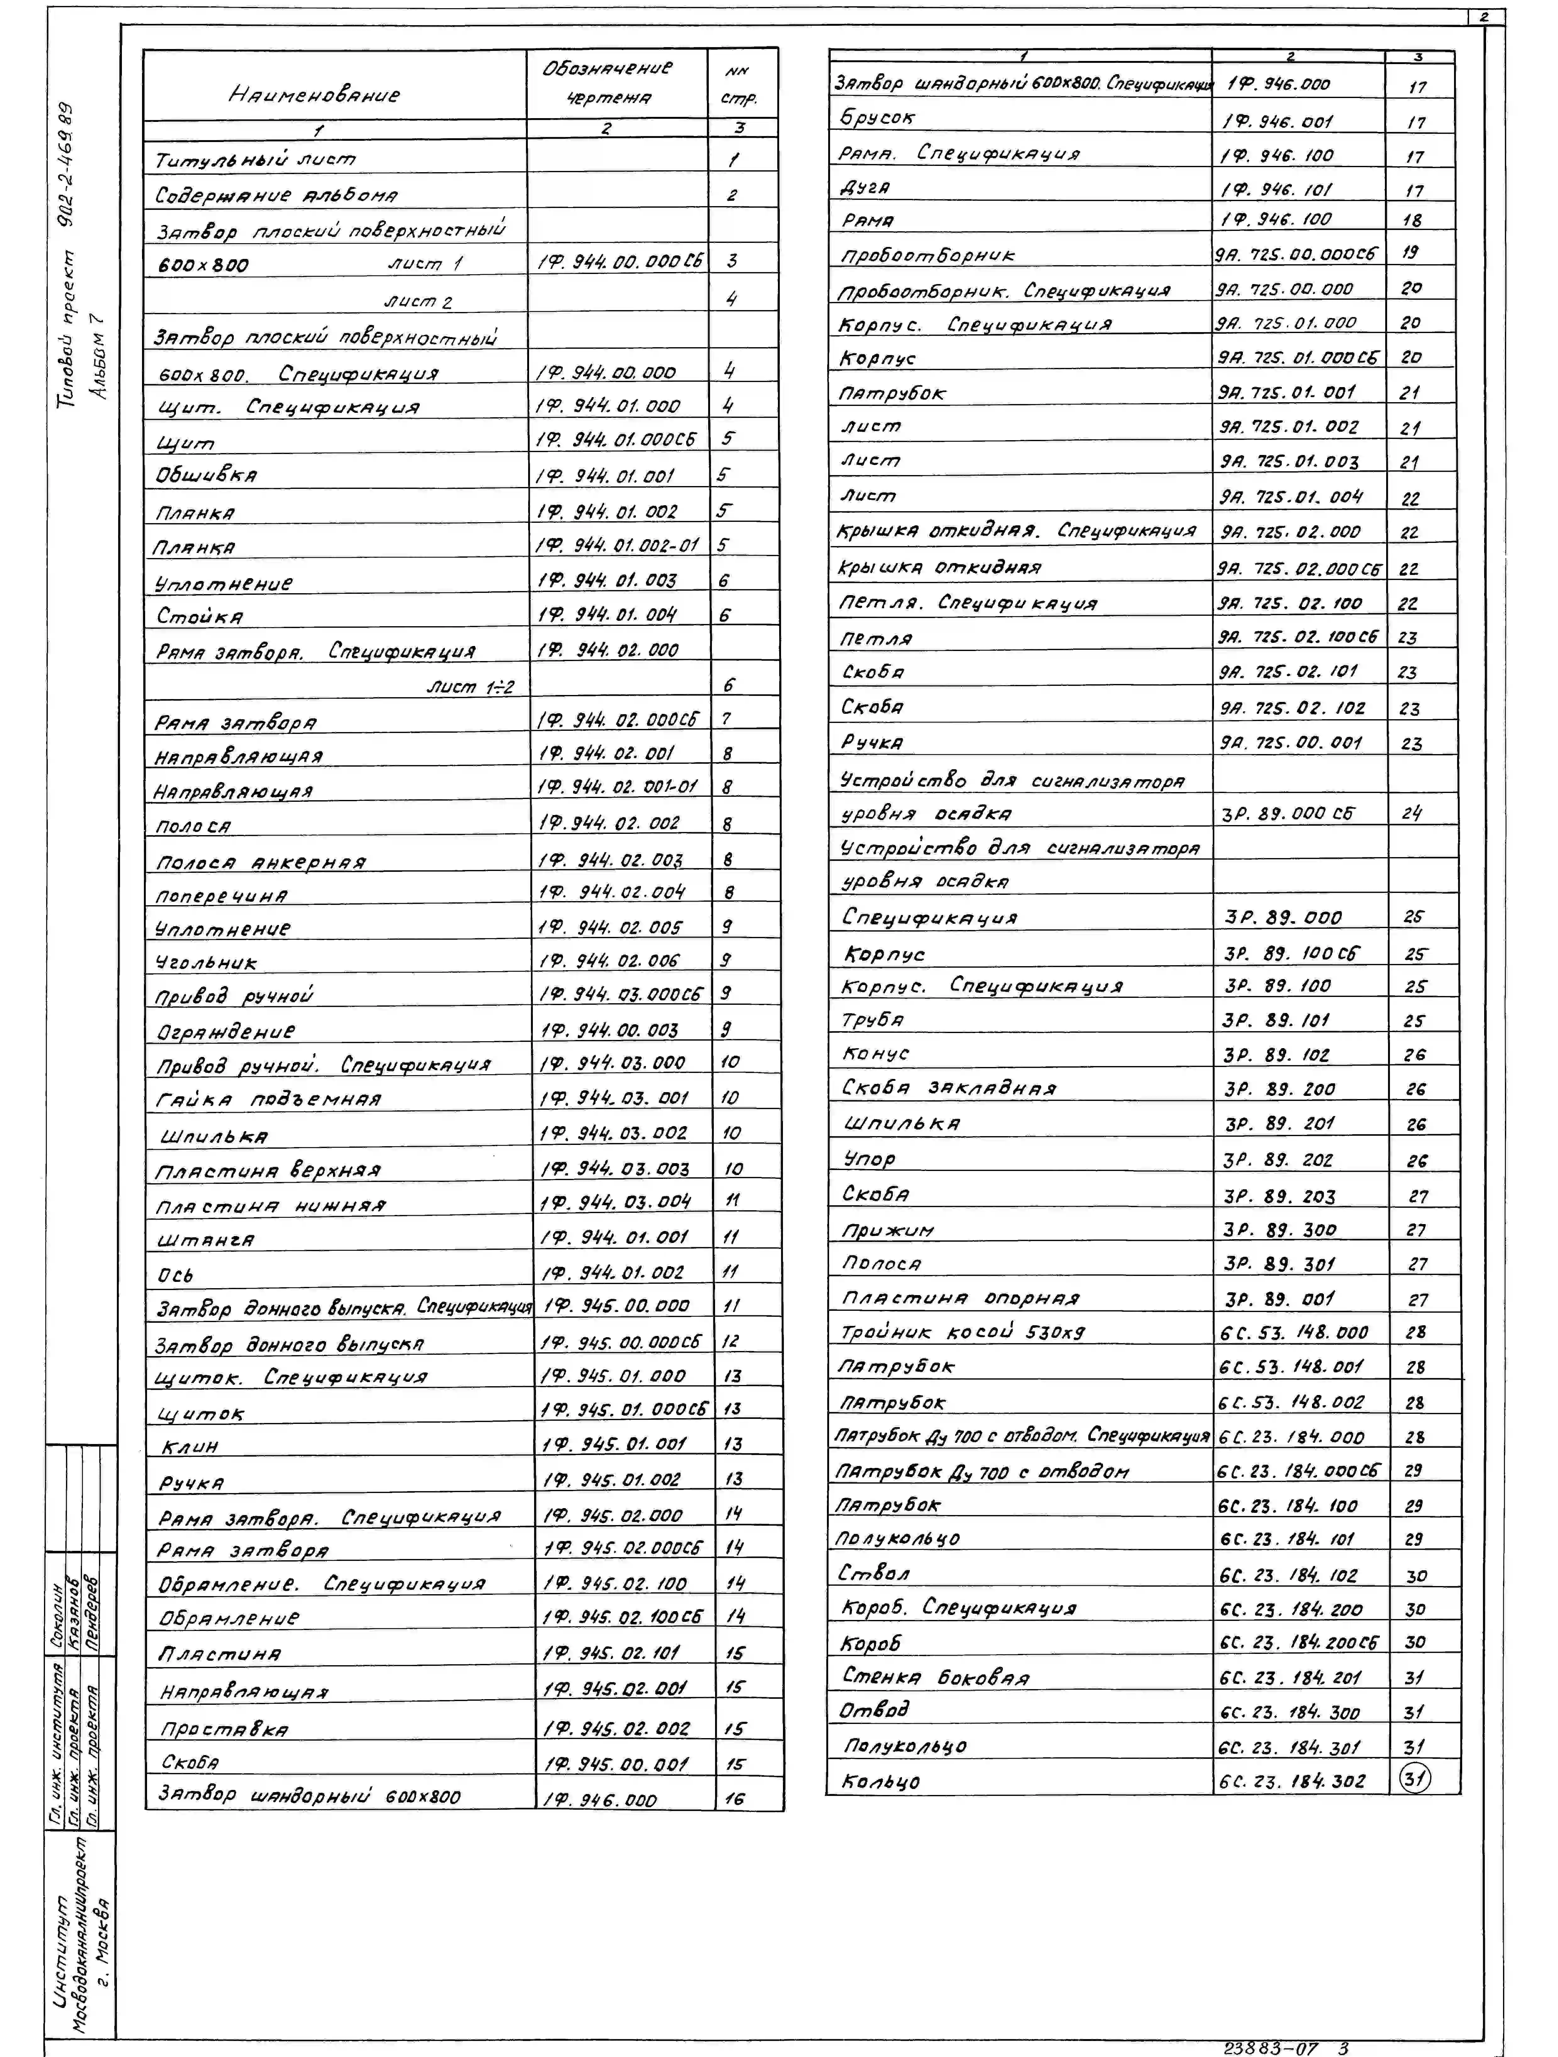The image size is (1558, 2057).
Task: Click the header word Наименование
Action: pyautogui.click(x=314, y=95)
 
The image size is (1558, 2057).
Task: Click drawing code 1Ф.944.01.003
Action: pyautogui.click(x=607, y=580)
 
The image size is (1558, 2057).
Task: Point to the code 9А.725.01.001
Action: pyautogui.click(x=1287, y=392)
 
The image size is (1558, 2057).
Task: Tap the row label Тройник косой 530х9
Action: pyautogui.click(x=963, y=1332)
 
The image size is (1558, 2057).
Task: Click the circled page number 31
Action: pyautogui.click(x=1414, y=1779)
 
